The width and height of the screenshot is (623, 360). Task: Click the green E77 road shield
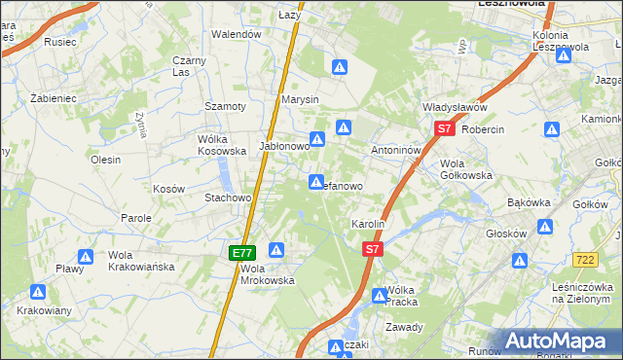(x=242, y=253)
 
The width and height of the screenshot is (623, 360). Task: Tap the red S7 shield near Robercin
(x=444, y=128)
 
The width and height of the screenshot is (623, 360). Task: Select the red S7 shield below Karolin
(x=371, y=250)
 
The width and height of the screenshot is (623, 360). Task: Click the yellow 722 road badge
(x=585, y=259)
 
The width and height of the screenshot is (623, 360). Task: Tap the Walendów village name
(x=238, y=34)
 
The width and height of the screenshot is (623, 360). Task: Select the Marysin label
(x=300, y=100)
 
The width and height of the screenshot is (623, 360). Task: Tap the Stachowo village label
(x=228, y=198)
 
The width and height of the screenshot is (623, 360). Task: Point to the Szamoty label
(x=224, y=105)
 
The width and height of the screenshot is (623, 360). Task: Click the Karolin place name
(x=369, y=224)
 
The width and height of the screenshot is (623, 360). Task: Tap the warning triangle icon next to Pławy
(x=86, y=257)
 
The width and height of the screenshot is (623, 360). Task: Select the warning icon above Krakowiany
(x=38, y=291)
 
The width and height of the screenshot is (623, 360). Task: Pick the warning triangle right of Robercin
(x=552, y=128)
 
